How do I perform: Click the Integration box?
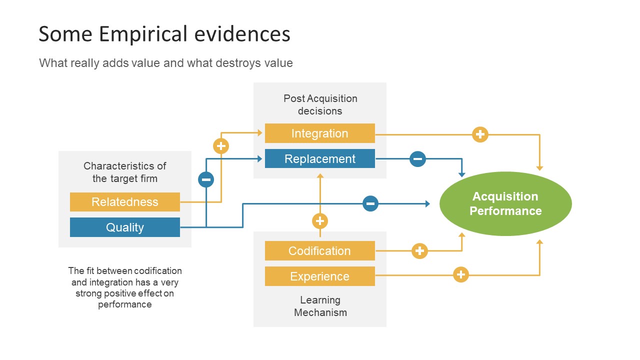(320, 133)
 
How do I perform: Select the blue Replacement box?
(320, 159)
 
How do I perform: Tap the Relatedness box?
(124, 202)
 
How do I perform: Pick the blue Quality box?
(124, 227)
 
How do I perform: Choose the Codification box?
(320, 251)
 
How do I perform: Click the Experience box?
(320, 276)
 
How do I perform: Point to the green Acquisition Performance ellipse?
(505, 203)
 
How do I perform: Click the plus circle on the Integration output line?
(480, 134)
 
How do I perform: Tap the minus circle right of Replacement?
(417, 159)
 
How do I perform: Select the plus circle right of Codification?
(419, 251)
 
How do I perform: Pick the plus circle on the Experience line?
(461, 274)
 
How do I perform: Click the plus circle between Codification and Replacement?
(320, 221)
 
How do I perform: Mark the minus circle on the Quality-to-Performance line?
(370, 203)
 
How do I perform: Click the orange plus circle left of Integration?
(221, 146)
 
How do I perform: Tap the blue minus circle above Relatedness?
(206, 179)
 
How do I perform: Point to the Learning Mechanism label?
(320, 306)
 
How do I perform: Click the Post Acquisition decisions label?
(320, 104)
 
